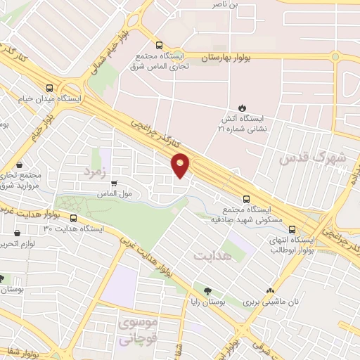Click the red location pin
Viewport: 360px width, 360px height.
pos(181,164)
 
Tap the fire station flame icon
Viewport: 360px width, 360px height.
pos(242,108)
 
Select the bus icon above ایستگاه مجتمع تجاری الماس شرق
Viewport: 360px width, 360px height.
pos(160,42)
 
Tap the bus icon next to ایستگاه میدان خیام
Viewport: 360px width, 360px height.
pos(49,88)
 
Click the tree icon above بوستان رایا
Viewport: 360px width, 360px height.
pos(207,290)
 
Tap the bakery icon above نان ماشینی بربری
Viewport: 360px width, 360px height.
pos(270,290)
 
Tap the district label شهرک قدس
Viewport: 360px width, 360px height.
pos(312,158)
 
